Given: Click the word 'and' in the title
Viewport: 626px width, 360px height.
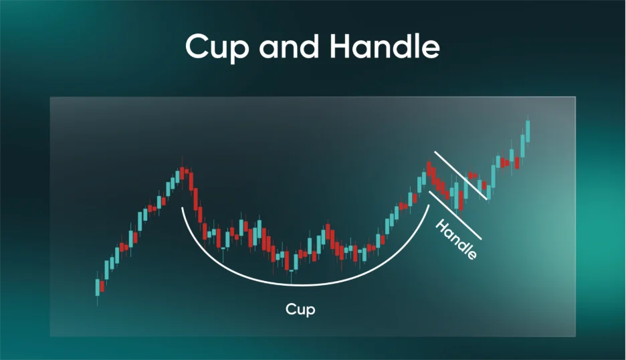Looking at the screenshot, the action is pos(289,46).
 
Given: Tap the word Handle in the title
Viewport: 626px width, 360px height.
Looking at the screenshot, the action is pos(385,46).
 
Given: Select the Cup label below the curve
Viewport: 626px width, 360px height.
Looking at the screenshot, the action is pos(300,309).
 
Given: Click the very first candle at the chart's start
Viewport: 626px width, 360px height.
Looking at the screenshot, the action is pos(98,287).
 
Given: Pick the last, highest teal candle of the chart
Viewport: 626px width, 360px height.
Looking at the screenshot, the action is pos(528,131).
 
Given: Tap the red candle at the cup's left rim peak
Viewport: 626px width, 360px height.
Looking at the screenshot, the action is pos(183,173).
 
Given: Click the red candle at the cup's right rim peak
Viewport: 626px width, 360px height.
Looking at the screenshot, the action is pos(429,169).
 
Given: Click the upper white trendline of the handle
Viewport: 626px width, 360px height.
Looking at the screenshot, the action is pos(461,175).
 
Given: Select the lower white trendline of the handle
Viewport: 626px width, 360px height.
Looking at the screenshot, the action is pos(455,215).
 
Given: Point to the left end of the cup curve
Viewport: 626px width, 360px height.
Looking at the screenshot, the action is pos(182,207).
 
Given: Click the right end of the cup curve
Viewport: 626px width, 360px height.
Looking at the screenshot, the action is pos(429,205).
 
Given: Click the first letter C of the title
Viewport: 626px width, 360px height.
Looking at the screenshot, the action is pos(199,47).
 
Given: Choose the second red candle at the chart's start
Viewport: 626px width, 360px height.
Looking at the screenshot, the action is pos(102,286).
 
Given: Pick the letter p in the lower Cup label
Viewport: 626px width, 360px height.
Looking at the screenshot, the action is pos(310,311).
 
